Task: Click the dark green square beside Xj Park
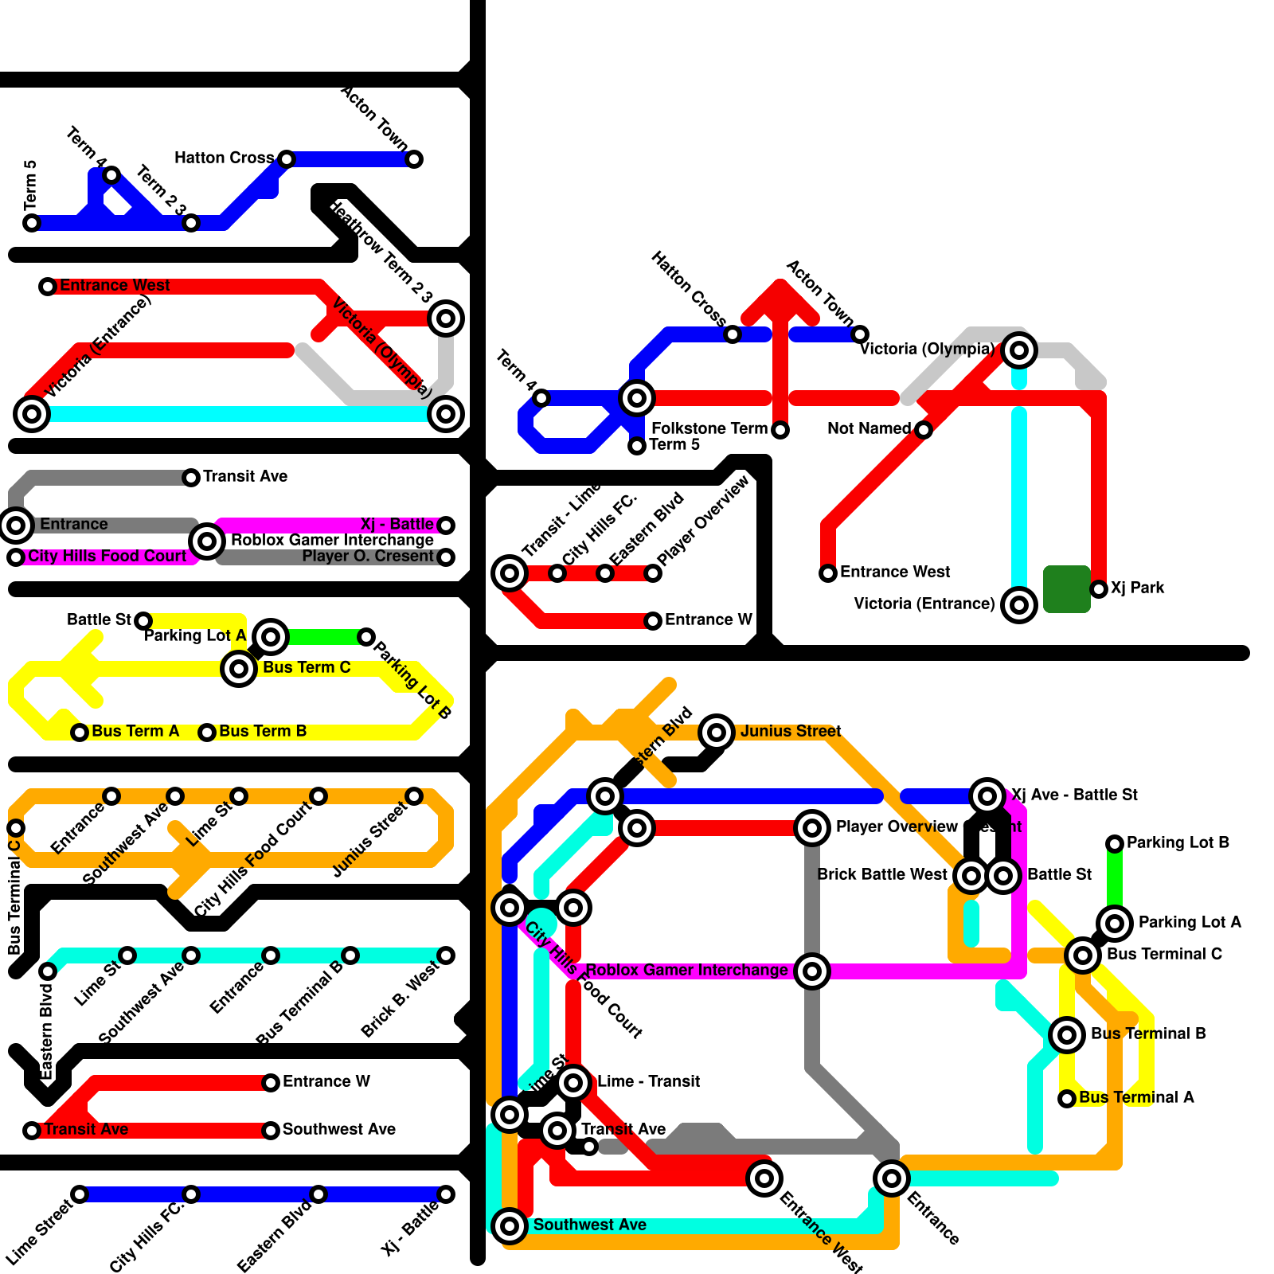point(1066,589)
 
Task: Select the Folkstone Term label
point(709,429)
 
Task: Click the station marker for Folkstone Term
point(780,430)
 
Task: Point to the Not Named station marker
point(924,430)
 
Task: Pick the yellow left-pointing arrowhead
point(80,669)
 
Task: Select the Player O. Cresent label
point(367,557)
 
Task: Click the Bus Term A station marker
point(80,733)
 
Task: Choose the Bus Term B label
point(263,732)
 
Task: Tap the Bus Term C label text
point(307,668)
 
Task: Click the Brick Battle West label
point(882,875)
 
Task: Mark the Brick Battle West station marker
point(971,876)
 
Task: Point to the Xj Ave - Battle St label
point(1074,795)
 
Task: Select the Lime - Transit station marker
point(573,1083)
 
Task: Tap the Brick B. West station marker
point(446,955)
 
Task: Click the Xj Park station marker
point(1099,589)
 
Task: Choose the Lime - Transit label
point(648,1082)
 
